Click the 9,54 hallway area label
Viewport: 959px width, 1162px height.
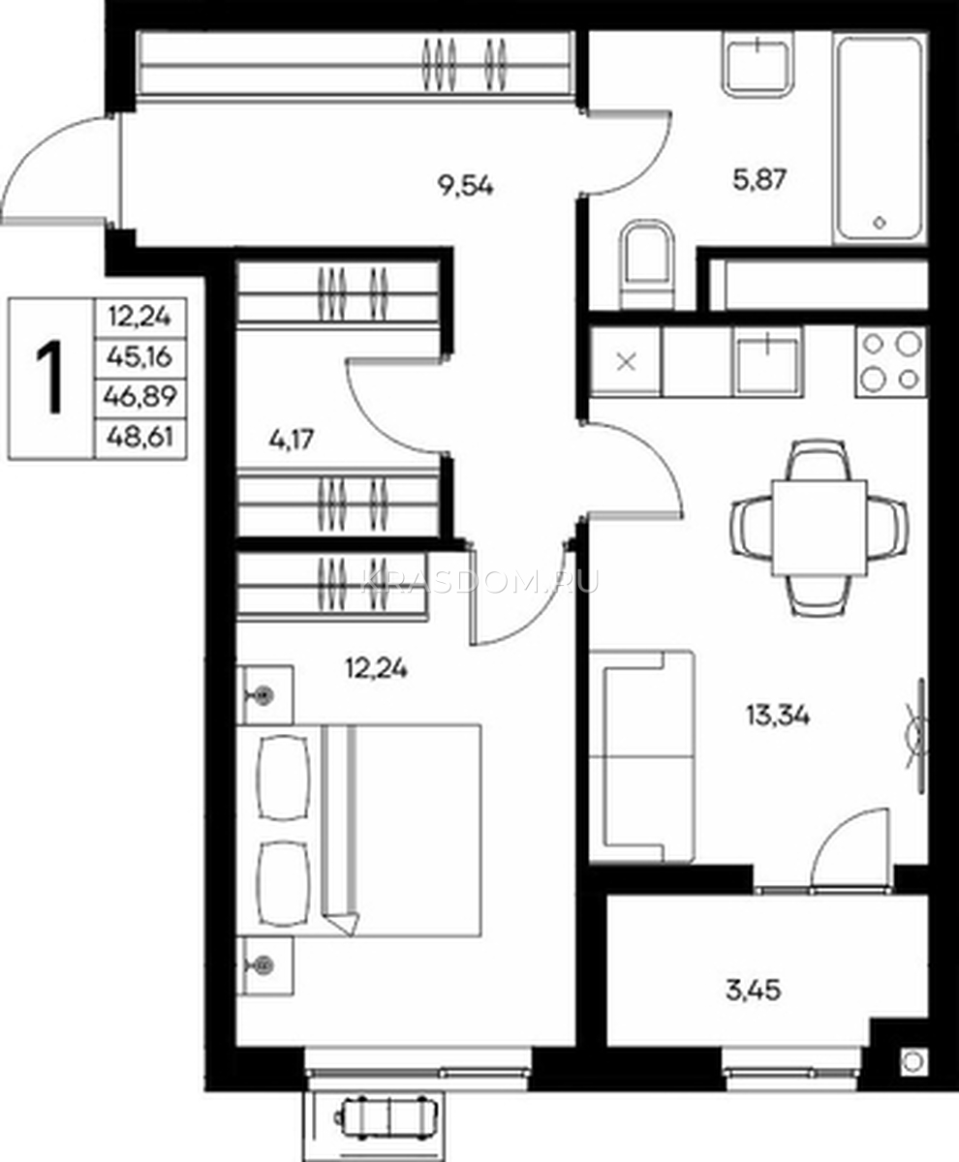pos(466,185)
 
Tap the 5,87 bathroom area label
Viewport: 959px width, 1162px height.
pos(759,180)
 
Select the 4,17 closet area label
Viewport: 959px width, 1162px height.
pos(292,440)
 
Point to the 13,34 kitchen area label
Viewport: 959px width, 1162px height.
pos(778,716)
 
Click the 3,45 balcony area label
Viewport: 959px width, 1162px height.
pos(753,991)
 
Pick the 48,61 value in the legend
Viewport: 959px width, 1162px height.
pos(139,437)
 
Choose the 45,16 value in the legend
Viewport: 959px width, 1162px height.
pos(139,356)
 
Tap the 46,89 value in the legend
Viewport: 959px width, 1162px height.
pos(140,396)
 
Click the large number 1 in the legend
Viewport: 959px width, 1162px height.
pos(49,378)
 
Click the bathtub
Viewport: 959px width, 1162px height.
pos(880,138)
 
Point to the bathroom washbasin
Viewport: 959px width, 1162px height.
pos(758,64)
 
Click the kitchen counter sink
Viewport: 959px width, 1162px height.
pos(767,361)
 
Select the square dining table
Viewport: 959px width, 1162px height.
pos(819,528)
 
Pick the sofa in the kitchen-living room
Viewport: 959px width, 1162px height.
pos(642,757)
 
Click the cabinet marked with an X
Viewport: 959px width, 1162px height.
pos(626,362)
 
